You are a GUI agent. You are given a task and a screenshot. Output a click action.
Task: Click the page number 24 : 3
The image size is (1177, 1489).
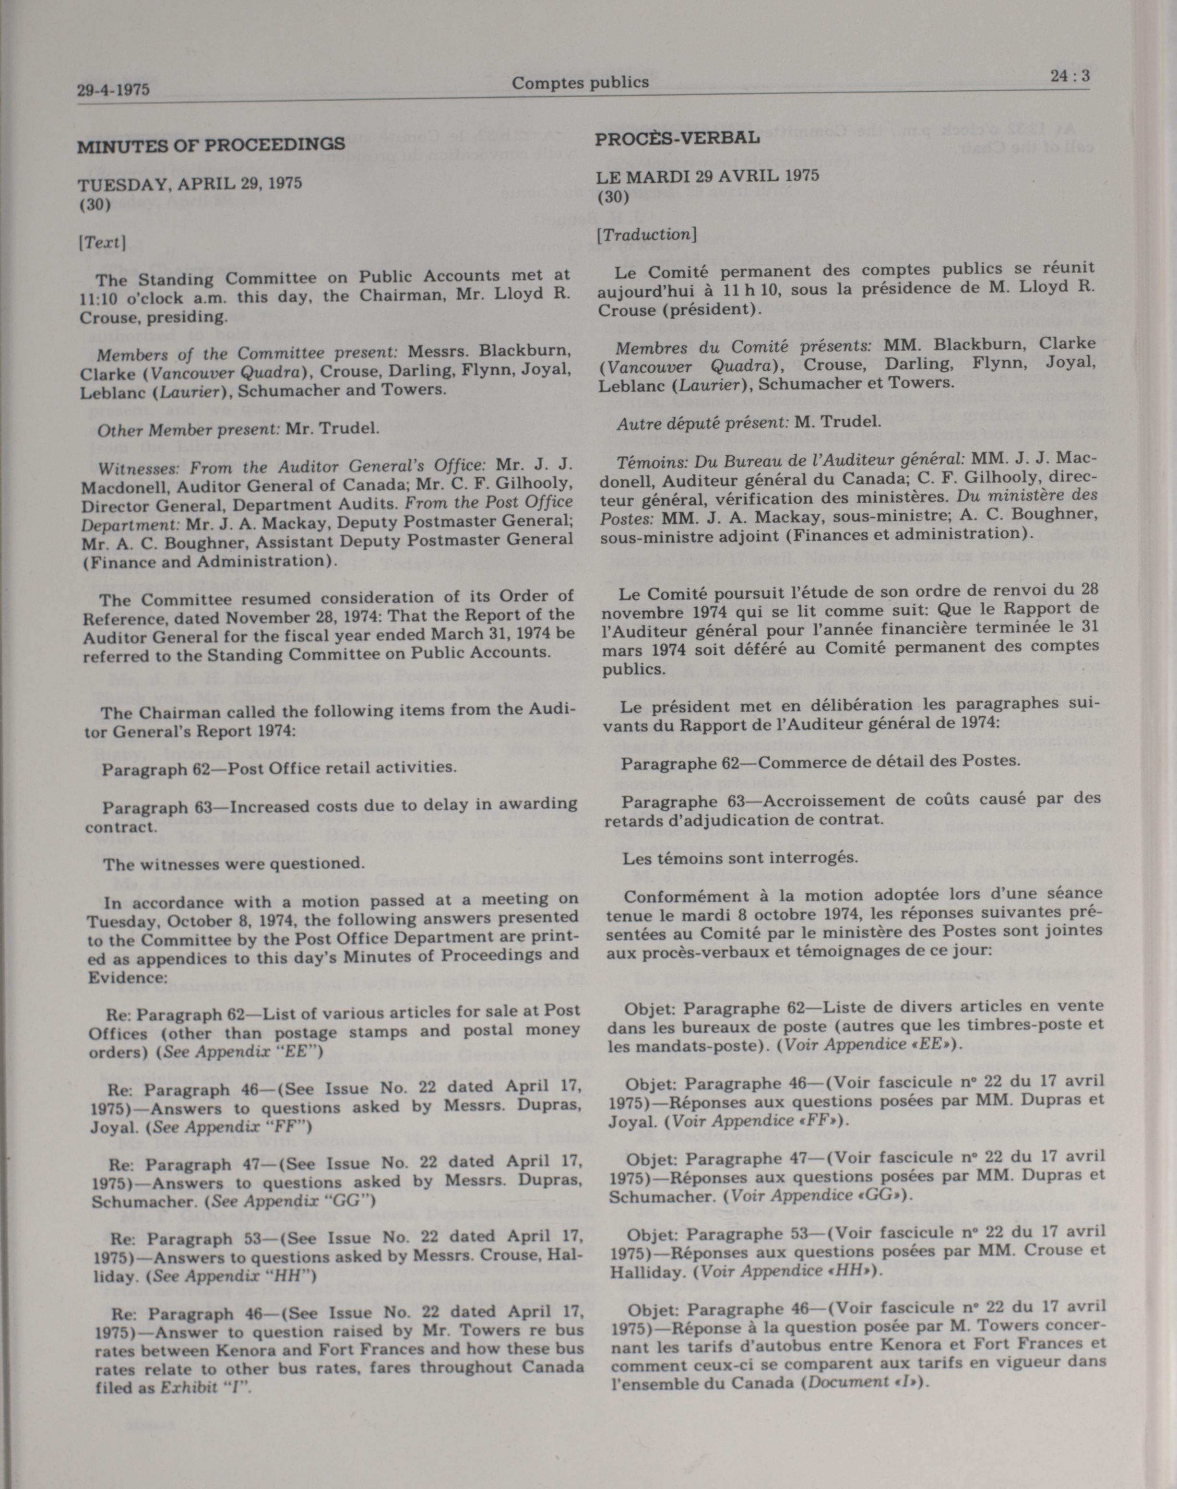[1070, 76]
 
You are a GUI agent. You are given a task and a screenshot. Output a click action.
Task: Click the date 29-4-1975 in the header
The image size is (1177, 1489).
[113, 90]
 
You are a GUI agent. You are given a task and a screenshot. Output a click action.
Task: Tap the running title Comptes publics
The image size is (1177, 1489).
[580, 83]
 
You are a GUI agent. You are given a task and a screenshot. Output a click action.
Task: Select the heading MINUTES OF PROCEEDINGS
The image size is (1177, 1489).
[211, 145]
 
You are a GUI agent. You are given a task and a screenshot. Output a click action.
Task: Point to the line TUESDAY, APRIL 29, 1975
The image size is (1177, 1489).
[190, 184]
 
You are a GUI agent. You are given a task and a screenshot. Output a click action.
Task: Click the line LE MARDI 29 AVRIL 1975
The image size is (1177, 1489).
[707, 176]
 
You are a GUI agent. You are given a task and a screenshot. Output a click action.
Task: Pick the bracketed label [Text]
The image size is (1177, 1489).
[102, 243]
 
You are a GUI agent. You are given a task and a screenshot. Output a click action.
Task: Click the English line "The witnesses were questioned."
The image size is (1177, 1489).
[234, 863]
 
